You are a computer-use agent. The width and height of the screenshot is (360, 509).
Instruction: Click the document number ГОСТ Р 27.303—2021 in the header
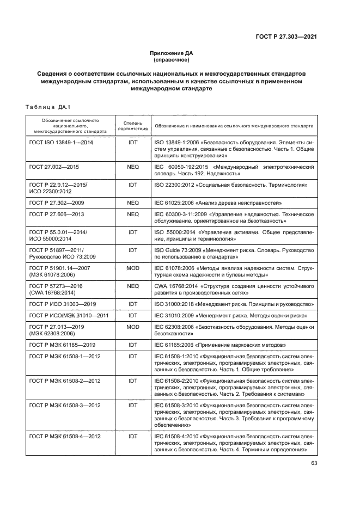[x=286, y=37]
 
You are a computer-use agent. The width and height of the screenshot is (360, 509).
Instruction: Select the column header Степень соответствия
[x=132, y=126]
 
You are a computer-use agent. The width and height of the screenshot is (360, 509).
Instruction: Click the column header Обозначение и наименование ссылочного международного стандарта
[x=234, y=126]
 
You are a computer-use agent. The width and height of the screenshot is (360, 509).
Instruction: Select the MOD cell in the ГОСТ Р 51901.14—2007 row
[x=132, y=268]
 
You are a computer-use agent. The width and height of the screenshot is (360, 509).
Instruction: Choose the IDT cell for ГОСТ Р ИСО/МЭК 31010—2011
[x=132, y=316]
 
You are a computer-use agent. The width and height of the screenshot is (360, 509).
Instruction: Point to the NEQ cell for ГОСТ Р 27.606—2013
[x=132, y=214]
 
